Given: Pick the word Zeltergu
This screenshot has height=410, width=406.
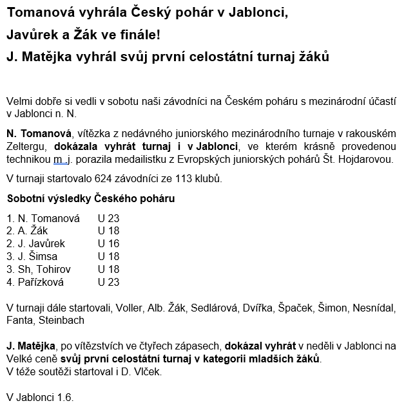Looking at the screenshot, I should coord(28,146).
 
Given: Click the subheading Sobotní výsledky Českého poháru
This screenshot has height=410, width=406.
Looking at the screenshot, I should coord(91,198).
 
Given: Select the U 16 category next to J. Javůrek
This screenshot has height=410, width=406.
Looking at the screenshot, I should coord(109,243).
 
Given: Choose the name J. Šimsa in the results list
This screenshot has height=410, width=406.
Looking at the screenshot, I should coord(32,256).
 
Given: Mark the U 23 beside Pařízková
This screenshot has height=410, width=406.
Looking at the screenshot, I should coord(109,282).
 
